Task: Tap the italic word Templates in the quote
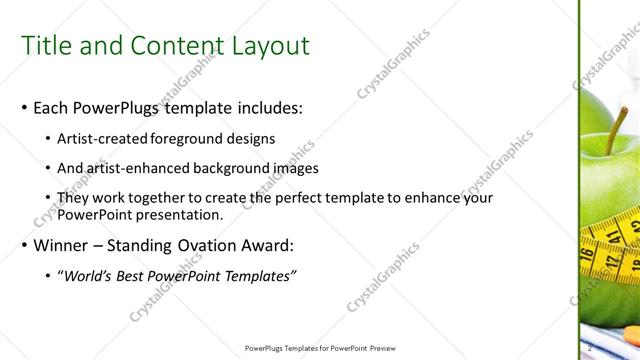coord(258,275)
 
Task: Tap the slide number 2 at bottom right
coord(591,347)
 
